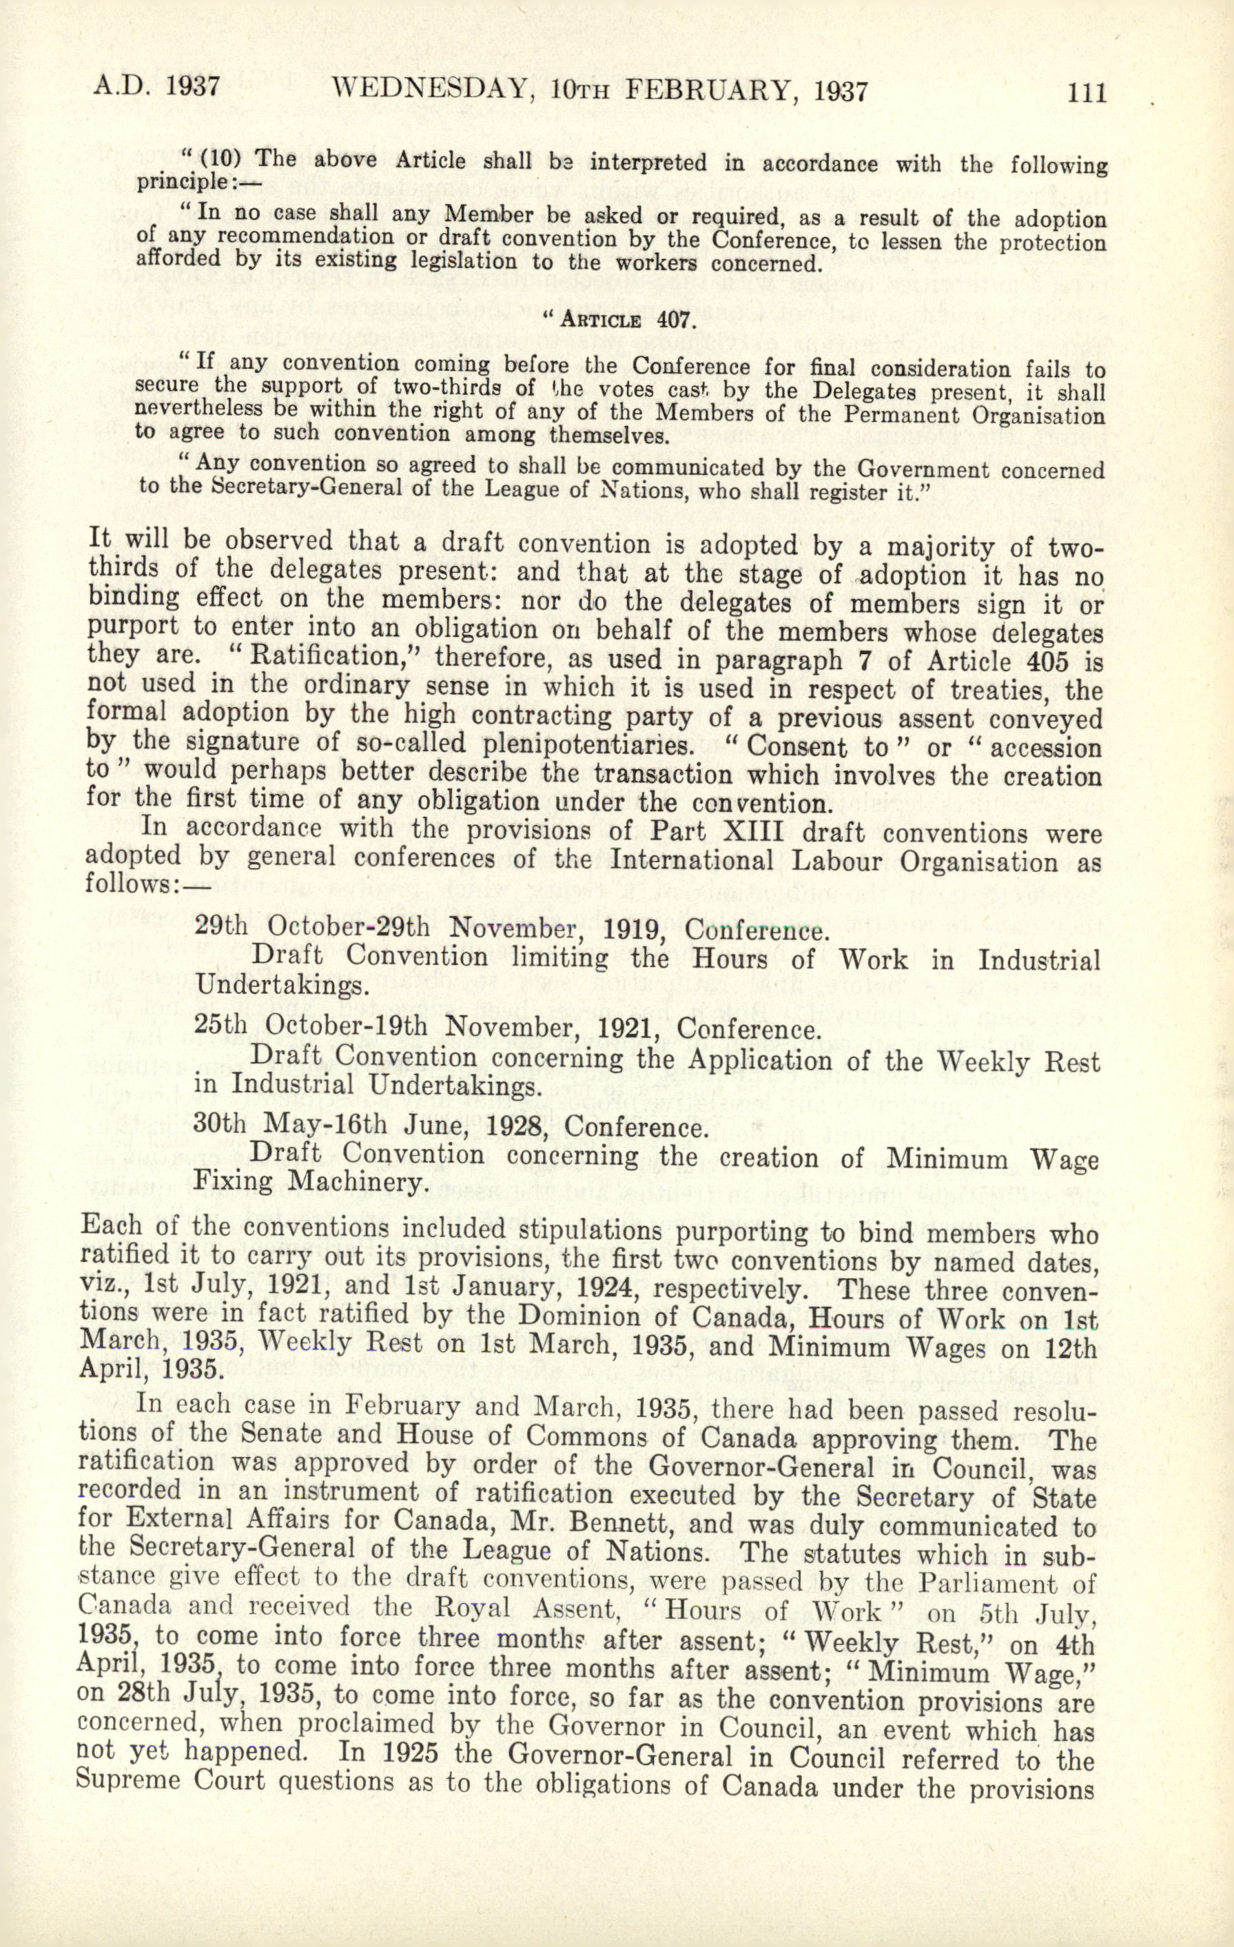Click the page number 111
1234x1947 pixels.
tap(1085, 92)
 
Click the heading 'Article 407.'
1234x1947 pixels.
tap(620, 317)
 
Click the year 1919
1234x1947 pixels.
tap(634, 929)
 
